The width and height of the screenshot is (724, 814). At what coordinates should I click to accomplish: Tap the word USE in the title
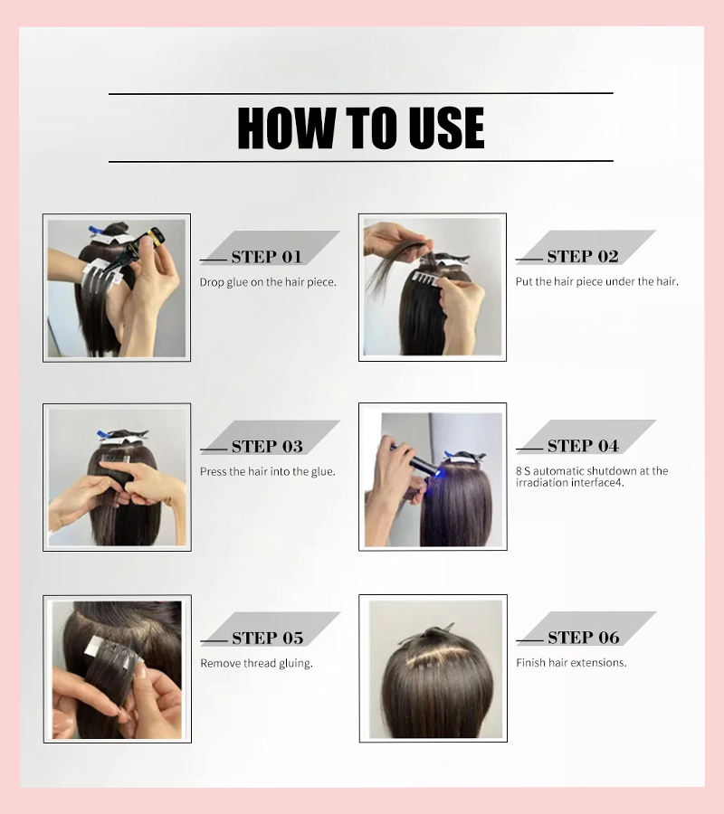(x=446, y=128)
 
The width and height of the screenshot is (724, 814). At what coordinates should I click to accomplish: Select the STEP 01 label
(x=266, y=257)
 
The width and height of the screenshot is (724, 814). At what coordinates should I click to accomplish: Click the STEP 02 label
(x=583, y=256)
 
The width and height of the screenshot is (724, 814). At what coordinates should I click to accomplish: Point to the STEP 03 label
(x=267, y=446)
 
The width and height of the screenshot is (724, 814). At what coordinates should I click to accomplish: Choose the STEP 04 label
(x=583, y=445)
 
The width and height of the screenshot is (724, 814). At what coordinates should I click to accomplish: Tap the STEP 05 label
(x=268, y=638)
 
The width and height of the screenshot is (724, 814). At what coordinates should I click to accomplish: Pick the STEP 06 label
(x=584, y=637)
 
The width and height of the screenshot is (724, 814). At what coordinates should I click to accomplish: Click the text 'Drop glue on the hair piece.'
(x=268, y=282)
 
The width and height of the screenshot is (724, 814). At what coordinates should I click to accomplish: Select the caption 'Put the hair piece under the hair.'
(x=596, y=282)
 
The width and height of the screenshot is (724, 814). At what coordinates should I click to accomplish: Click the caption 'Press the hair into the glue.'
(x=268, y=471)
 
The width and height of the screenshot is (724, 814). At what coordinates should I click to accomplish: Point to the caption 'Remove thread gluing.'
(x=257, y=664)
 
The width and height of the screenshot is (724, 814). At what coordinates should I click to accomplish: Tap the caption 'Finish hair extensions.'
(x=571, y=662)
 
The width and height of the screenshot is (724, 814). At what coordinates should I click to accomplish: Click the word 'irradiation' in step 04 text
(x=542, y=483)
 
